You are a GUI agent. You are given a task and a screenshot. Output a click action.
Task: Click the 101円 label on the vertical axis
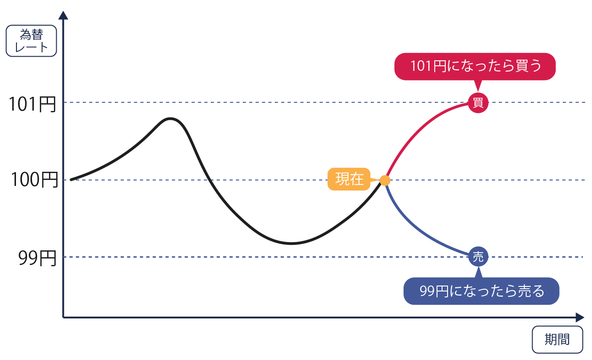pyautogui.click(x=32, y=104)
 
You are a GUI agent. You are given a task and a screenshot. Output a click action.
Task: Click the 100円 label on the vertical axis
pyautogui.click(x=34, y=180)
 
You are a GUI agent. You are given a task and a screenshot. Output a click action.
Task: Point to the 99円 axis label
pyautogui.click(x=37, y=258)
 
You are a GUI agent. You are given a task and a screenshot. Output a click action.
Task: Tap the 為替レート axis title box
pyautogui.click(x=31, y=41)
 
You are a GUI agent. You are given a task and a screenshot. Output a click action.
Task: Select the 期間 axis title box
pyautogui.click(x=557, y=339)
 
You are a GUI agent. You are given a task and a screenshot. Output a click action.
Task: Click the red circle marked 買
pyautogui.click(x=478, y=103)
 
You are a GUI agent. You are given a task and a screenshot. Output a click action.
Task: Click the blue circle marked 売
pyautogui.click(x=478, y=256)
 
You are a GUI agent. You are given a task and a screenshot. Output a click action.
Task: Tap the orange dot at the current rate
pyautogui.click(x=385, y=180)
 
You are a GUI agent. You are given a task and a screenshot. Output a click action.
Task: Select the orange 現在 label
pyautogui.click(x=349, y=179)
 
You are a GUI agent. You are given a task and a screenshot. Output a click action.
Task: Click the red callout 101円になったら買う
pyautogui.click(x=475, y=67)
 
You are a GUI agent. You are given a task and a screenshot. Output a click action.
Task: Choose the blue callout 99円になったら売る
pyautogui.click(x=481, y=291)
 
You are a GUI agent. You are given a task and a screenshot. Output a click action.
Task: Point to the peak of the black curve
pyautogui.click(x=170, y=119)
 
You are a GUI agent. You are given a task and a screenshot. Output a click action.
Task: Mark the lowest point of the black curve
pyautogui.click(x=291, y=243)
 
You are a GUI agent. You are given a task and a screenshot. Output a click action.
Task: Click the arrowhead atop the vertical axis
pyautogui.click(x=63, y=16)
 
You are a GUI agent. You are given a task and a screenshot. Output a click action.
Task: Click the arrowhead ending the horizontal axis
pyautogui.click(x=580, y=318)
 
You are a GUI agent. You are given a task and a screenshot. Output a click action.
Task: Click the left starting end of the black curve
pyautogui.click(x=71, y=180)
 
